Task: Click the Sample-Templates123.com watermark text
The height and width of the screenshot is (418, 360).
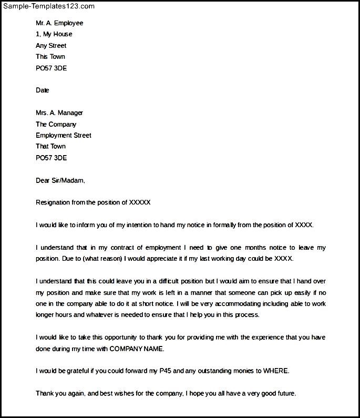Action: click(48, 6)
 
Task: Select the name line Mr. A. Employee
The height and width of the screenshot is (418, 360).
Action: click(59, 23)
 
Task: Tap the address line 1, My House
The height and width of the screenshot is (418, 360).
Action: click(54, 34)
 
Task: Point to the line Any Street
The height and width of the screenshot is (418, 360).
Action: click(51, 46)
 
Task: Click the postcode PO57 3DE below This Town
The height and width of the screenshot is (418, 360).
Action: click(51, 68)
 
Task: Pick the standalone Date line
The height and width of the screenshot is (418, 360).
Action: click(43, 90)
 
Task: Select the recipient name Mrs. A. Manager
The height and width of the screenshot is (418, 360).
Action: click(59, 113)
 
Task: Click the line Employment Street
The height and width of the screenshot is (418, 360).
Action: click(64, 136)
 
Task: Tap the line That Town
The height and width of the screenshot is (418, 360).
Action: click(50, 147)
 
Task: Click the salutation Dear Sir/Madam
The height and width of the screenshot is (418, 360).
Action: click(60, 180)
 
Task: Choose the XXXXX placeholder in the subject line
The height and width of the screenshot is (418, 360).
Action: click(140, 202)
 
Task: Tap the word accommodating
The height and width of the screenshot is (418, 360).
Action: click(228, 304)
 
